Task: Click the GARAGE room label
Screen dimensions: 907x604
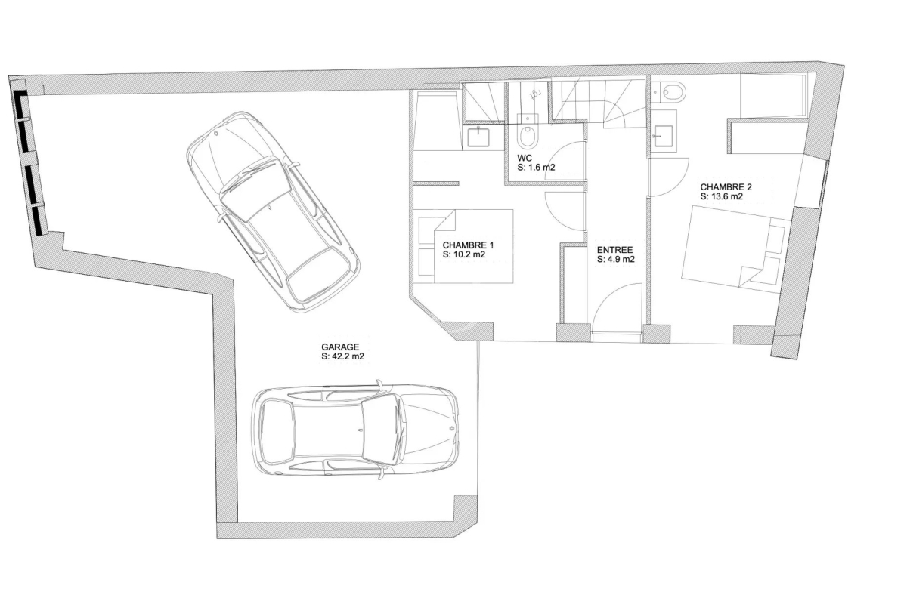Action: coord(340,347)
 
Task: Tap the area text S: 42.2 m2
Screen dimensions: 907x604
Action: coord(342,356)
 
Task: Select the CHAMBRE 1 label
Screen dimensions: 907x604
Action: coord(468,245)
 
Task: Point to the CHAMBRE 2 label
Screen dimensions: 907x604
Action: coord(726,187)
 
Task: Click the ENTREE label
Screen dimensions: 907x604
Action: coord(614,250)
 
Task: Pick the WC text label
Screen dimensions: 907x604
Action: coord(525,158)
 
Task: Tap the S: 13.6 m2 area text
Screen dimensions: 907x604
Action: coord(722,196)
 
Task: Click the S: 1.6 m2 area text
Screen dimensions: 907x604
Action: coord(536,167)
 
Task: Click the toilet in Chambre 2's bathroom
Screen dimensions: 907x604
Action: coord(672,92)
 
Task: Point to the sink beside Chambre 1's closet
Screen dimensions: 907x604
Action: coord(478,137)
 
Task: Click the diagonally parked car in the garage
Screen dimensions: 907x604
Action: coord(273,211)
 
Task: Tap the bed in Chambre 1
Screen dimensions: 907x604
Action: coord(466,246)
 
